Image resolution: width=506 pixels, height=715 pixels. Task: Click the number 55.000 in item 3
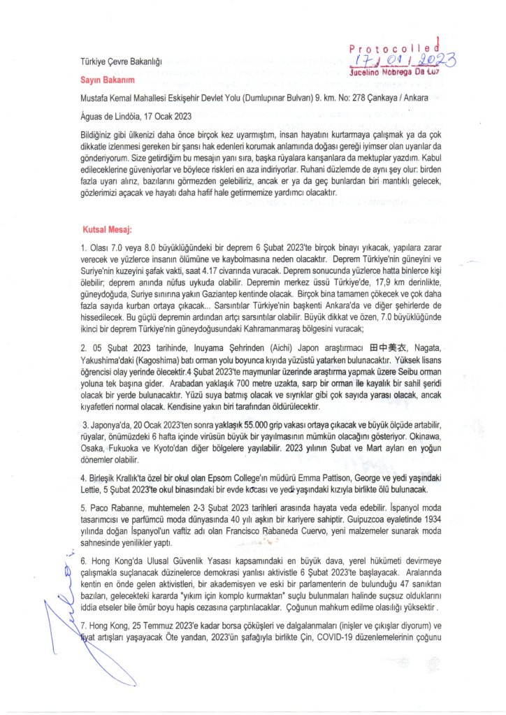236,424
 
